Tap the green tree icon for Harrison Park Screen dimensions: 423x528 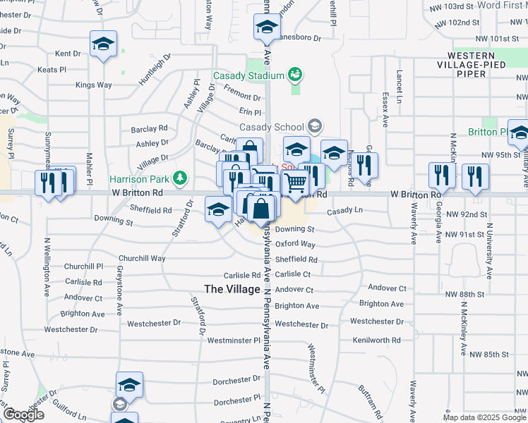point(181,176)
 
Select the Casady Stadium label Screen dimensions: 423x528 point(248,75)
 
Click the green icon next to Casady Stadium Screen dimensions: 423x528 point(295,73)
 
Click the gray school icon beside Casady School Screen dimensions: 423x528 point(314,126)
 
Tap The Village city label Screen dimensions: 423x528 point(233,289)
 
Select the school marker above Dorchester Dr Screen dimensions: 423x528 point(129,385)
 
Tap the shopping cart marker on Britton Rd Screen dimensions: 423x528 point(297,183)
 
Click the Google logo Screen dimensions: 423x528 point(24,415)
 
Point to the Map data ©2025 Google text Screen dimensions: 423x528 point(484,417)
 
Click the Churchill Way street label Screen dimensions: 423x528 point(142,259)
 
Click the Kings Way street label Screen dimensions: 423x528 point(94,85)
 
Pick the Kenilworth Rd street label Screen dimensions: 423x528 point(380,340)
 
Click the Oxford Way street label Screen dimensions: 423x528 point(295,244)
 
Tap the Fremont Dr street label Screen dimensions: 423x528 point(242,96)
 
